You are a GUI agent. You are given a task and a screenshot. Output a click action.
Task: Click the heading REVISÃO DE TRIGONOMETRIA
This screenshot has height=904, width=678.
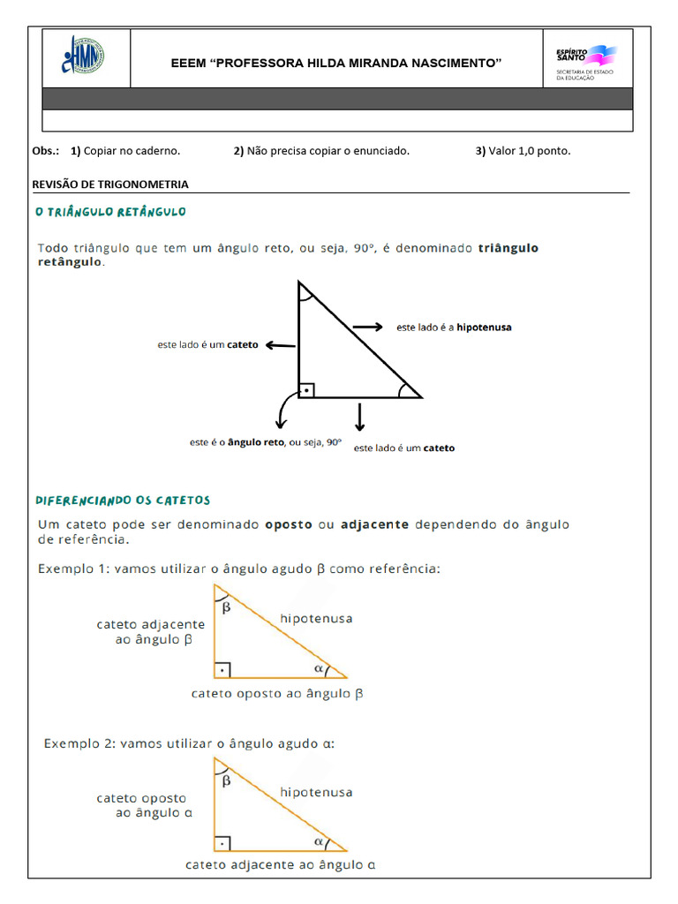pos(110,185)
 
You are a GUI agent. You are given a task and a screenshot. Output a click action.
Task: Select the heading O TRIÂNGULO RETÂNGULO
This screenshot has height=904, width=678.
pos(110,212)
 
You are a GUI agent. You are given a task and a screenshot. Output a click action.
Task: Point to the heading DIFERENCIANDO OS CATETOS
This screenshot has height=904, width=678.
pos(123,500)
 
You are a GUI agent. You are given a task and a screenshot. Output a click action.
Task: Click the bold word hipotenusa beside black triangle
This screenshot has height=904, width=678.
pos(484,328)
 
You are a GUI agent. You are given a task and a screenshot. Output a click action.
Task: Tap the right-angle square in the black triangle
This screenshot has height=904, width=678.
pos(306,389)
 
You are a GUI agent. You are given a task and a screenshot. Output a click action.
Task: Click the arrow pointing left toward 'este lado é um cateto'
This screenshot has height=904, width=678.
pos(281,345)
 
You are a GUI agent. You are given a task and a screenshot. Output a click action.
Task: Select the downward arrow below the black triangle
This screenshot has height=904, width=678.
pos(359,417)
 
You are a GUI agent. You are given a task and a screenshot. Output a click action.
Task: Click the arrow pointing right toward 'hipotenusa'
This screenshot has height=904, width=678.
pos(368,328)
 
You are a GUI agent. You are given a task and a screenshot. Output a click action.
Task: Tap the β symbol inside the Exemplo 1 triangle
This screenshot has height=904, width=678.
pos(226,607)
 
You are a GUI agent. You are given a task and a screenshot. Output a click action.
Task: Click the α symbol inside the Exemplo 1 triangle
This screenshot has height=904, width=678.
pos(320,667)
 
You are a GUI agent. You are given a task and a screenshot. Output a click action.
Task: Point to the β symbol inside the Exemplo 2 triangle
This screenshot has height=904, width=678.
pos(226,780)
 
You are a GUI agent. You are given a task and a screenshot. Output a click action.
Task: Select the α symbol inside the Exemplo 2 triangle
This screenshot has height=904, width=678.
pos(320,840)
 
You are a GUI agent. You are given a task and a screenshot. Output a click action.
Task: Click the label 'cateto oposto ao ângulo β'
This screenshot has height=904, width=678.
pos(277,694)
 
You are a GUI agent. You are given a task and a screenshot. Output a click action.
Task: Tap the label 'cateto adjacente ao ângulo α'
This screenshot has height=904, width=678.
pos(281,865)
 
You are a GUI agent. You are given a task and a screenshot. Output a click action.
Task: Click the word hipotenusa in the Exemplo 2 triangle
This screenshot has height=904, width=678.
pos(316,792)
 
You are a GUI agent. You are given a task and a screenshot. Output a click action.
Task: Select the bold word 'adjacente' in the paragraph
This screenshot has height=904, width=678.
pos(374,524)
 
